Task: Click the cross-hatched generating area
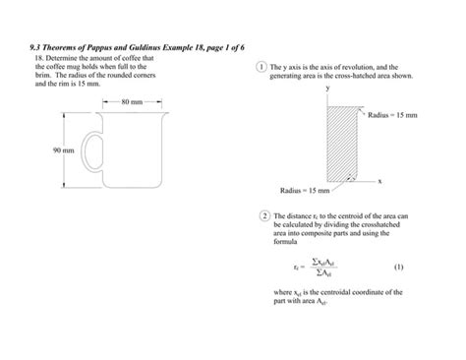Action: pos(337,144)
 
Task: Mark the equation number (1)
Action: pos(398,266)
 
